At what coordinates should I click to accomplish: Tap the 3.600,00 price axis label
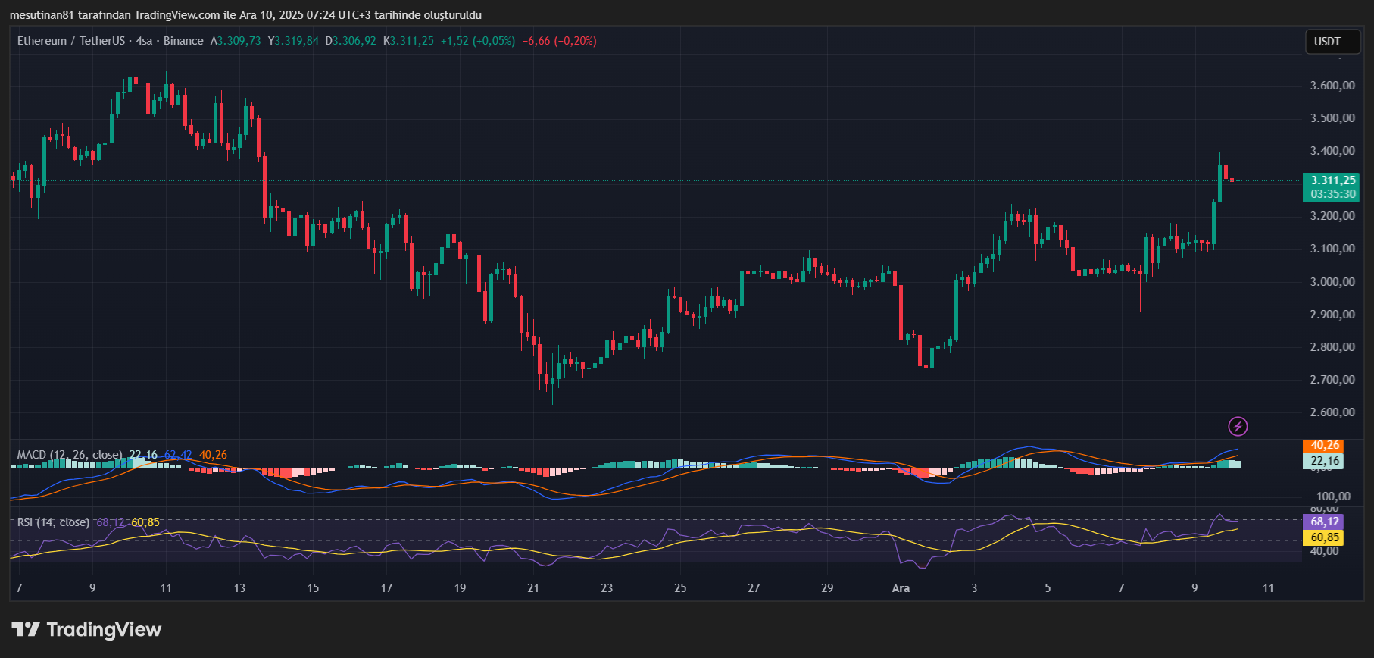tap(1332, 86)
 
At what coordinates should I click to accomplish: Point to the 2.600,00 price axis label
tap(1332, 412)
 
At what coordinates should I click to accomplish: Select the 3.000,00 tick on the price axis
tap(1332, 282)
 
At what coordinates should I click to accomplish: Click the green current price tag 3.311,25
tap(1332, 180)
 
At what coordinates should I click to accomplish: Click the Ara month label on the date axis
tap(901, 588)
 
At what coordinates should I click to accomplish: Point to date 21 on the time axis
tap(533, 588)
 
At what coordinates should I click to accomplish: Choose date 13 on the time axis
tap(239, 588)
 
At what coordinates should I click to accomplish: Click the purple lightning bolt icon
tap(1238, 427)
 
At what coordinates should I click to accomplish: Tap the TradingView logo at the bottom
tap(87, 630)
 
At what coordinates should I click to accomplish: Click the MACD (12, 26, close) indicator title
tap(69, 455)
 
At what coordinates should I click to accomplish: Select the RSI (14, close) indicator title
tap(53, 522)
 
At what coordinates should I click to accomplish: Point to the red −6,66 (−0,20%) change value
tap(559, 41)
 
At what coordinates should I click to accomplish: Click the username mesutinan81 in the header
tap(42, 15)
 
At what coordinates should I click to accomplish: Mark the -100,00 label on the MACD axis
tap(1331, 497)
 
